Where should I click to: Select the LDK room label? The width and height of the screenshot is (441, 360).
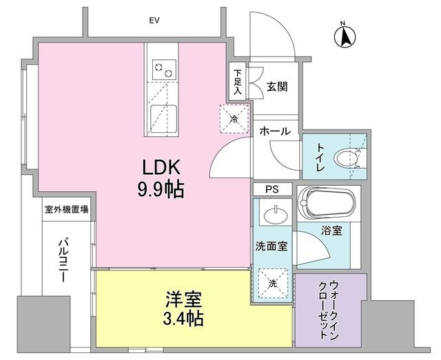161,168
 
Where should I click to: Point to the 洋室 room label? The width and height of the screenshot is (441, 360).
183,299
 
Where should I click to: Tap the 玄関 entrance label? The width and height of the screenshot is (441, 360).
276,87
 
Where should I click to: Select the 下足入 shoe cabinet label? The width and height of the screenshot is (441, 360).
238,81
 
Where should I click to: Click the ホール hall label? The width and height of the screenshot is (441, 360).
275,131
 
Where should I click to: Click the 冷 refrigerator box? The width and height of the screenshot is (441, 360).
234,118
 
